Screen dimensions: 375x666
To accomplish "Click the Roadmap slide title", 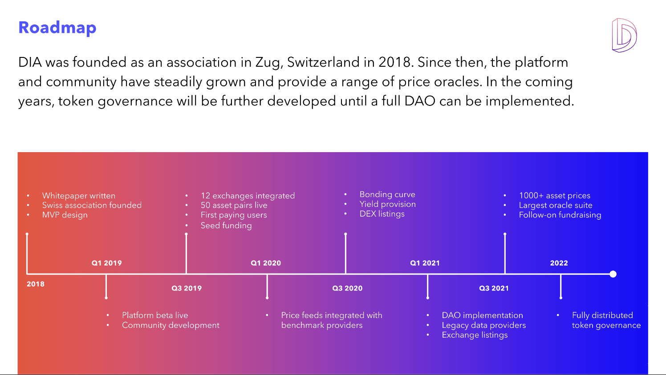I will [57, 28].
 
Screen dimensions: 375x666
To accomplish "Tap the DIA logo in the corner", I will [624, 35].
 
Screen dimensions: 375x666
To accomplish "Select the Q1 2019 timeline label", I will [106, 263].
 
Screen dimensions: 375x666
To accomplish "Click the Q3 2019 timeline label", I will [187, 288].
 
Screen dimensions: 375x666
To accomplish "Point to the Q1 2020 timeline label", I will [266, 263].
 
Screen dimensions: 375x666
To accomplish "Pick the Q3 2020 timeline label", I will [347, 288].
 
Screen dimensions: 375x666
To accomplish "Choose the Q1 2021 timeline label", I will [425, 263].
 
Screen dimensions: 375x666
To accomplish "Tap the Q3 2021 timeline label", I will [494, 288].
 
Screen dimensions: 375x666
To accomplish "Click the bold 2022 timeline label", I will [559, 263].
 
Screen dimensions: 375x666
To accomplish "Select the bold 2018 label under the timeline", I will [36, 284].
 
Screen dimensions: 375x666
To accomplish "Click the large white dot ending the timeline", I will [613, 274].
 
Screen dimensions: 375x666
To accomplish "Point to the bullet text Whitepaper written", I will [79, 196].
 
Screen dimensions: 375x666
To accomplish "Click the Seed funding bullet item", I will [226, 226].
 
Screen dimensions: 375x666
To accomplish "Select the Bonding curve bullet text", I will [387, 194].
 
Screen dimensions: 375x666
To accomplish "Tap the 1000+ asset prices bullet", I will [554, 196].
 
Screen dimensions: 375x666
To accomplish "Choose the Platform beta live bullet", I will [155, 315].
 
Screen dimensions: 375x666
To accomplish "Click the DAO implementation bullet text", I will [482, 315].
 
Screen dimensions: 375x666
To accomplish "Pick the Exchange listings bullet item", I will [475, 335].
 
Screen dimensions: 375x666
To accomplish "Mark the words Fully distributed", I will [602, 315].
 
